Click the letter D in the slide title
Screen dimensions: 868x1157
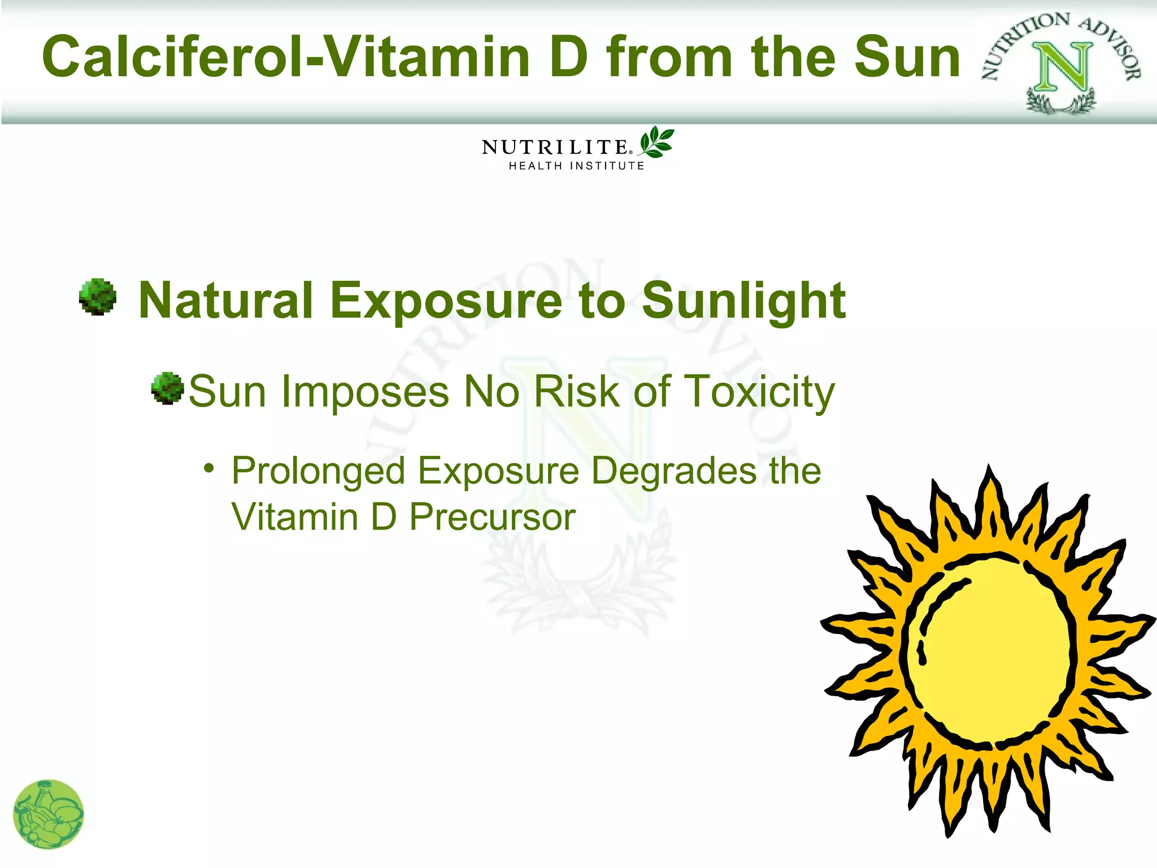point(569,57)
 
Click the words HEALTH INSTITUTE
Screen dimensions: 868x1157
point(576,166)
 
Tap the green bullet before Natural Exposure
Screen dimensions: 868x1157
point(98,297)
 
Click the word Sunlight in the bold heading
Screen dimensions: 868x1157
point(743,301)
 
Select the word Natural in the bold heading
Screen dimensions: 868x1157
point(226,301)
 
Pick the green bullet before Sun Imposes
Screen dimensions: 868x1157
point(167,388)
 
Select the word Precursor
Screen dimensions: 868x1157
point(492,517)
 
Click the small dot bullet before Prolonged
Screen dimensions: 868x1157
point(210,468)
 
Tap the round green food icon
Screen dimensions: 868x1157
point(49,814)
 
